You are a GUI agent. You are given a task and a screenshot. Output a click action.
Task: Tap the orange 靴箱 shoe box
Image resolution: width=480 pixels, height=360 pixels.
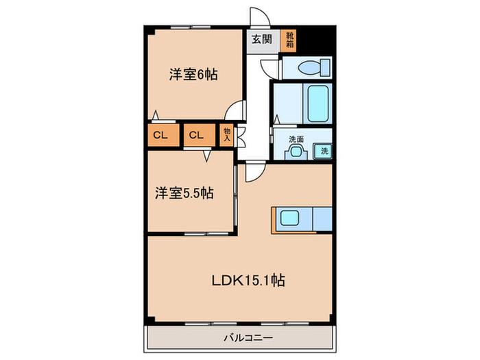click(x=290, y=39)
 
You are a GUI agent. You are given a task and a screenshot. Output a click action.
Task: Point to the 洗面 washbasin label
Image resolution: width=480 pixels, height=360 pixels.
click(x=296, y=139)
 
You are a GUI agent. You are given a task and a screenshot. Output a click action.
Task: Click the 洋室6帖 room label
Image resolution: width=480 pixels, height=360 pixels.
click(x=193, y=75)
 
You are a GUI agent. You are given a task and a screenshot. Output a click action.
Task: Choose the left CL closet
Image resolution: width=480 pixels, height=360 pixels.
click(x=160, y=135)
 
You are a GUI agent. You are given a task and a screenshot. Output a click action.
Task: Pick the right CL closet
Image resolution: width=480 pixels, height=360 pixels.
click(x=196, y=135)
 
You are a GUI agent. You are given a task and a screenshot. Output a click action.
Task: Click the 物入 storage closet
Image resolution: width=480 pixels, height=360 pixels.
click(x=227, y=134)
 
